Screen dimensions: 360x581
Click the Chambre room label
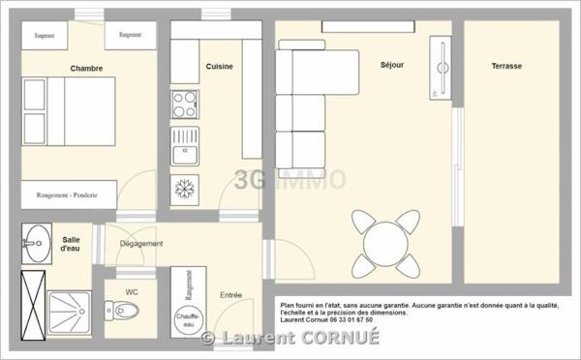pos(86,68)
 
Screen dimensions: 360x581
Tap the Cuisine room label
pos(219,66)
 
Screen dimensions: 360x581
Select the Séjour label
pos(392,65)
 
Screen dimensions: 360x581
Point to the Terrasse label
pos(505,66)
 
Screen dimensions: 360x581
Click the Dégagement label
pos(141,243)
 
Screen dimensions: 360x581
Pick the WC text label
pos(133,291)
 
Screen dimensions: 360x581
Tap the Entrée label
pos(231,295)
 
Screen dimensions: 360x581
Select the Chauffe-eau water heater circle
pos(188,318)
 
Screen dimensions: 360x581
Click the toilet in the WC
pos(126,311)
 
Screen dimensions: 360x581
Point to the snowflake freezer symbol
pos(184,186)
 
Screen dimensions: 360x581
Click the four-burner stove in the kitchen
pos(184,104)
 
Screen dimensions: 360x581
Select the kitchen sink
pos(184,147)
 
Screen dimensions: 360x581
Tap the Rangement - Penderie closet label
pos(67,195)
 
